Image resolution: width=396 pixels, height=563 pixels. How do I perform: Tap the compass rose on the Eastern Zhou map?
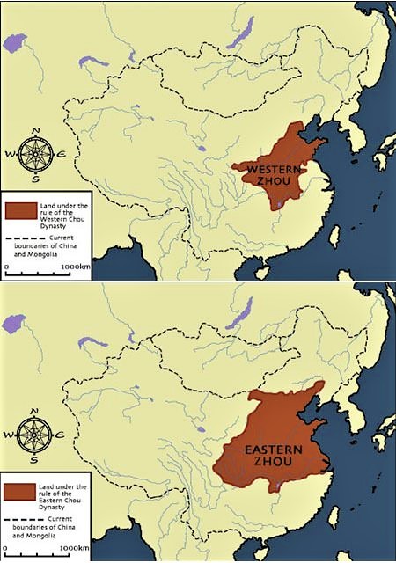point(37,435)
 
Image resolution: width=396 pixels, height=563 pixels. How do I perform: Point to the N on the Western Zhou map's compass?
point(36,130)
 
